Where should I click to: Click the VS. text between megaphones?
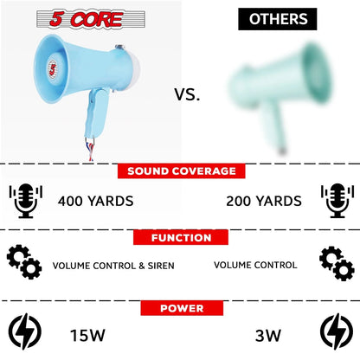point(186,95)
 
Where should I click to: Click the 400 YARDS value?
point(95,201)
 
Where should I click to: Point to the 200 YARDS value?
point(264,201)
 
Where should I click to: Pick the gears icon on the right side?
point(335,263)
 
